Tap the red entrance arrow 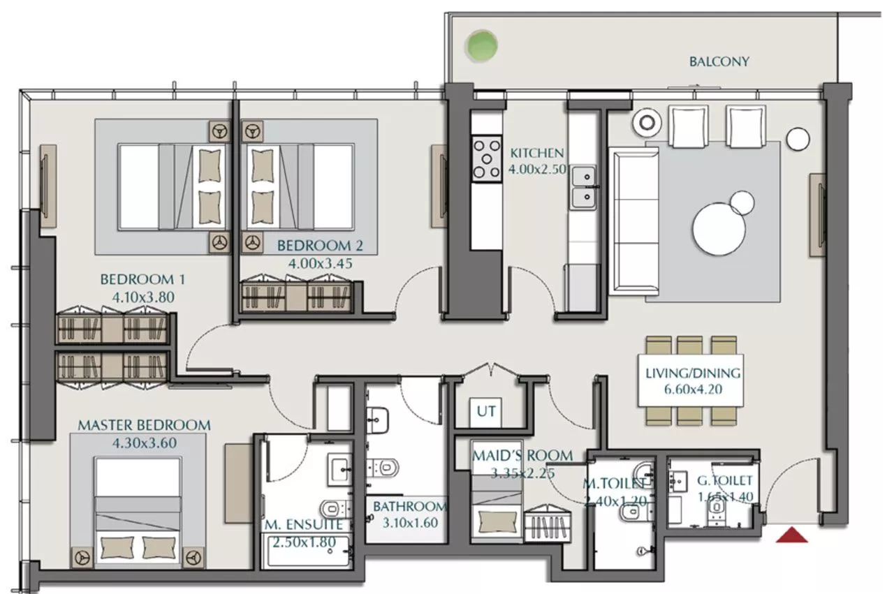792,535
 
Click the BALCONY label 719,61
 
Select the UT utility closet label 486,411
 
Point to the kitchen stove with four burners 486,158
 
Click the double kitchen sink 583,187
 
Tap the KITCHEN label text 536,154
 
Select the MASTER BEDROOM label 144,425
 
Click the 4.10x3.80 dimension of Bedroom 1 142,297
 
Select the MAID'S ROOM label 522,456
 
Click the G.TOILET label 725,480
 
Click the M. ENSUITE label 303,524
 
